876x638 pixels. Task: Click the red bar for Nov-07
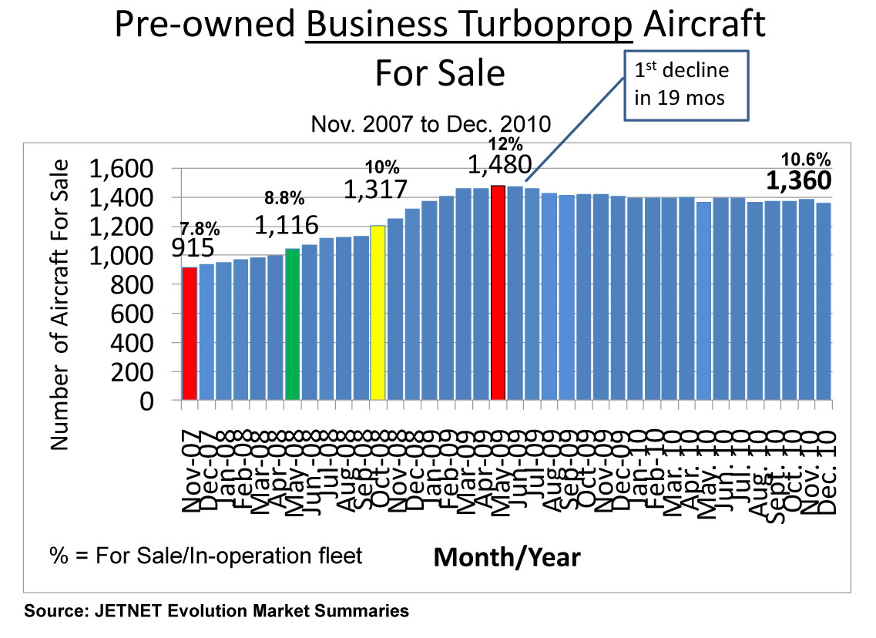pos(190,333)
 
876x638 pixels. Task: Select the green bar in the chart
pos(292,324)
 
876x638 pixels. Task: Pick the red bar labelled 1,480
pos(498,292)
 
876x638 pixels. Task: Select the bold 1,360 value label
pos(799,180)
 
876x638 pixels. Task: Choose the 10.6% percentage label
pos(806,159)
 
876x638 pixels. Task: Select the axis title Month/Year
pos(507,556)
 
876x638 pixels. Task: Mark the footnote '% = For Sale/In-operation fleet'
pos(206,555)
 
